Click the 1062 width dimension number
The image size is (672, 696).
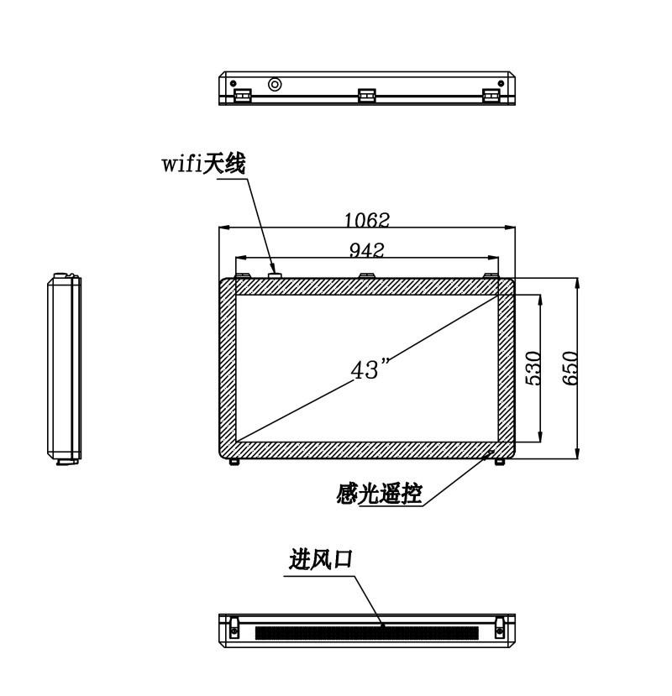[367, 219]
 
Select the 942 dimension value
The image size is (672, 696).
[366, 250]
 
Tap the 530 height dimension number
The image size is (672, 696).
[533, 368]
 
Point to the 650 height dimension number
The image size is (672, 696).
[570, 368]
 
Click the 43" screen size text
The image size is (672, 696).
[370, 369]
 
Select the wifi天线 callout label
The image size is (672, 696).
[203, 164]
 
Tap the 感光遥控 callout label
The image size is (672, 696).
[378, 493]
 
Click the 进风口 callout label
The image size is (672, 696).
[321, 559]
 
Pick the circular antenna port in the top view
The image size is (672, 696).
[275, 84]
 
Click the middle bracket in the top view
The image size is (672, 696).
[367, 96]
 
